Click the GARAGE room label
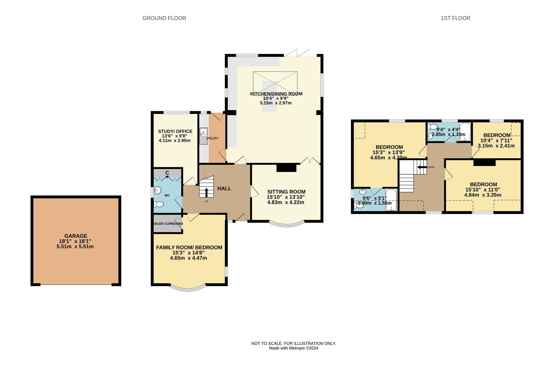pos(76,236)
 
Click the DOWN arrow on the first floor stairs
pos(422,167)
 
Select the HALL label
pos(224,189)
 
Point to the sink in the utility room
pos(204,136)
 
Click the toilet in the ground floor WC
pos(159,204)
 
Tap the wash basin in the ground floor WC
pos(158,190)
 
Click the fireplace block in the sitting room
pos(286,168)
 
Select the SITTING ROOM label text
pos(286,192)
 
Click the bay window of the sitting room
pos(286,225)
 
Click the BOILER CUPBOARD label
pos(168,224)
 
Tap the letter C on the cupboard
pos(167,173)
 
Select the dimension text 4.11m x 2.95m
pos(175,140)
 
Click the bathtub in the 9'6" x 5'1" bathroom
pos(391,199)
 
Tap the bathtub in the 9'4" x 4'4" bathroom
pos(465,132)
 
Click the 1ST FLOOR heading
pos(455,18)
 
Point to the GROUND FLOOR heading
pos(164,18)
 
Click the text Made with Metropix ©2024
pos(293,348)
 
